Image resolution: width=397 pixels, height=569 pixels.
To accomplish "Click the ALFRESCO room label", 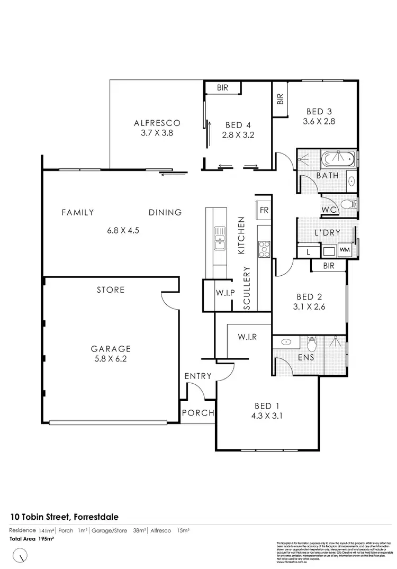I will coord(154,123).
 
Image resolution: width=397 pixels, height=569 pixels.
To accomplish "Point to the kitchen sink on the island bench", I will coord(219,237).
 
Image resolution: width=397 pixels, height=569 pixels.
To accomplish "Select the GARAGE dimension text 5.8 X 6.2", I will coord(111,358).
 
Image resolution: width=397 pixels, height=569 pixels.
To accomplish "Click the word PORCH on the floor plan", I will coord(197,413).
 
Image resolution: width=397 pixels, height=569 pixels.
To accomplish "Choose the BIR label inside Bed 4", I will coord(222,88).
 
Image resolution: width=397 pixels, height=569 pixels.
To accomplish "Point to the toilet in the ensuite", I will coord(312,344).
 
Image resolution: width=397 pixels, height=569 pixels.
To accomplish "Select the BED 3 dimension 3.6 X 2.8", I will coord(319,121).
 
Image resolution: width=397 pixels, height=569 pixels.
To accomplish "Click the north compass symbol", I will coord(20,555).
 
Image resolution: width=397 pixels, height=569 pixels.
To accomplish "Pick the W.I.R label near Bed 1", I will coord(247,337).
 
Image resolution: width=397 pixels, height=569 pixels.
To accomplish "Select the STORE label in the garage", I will coord(111,290).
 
